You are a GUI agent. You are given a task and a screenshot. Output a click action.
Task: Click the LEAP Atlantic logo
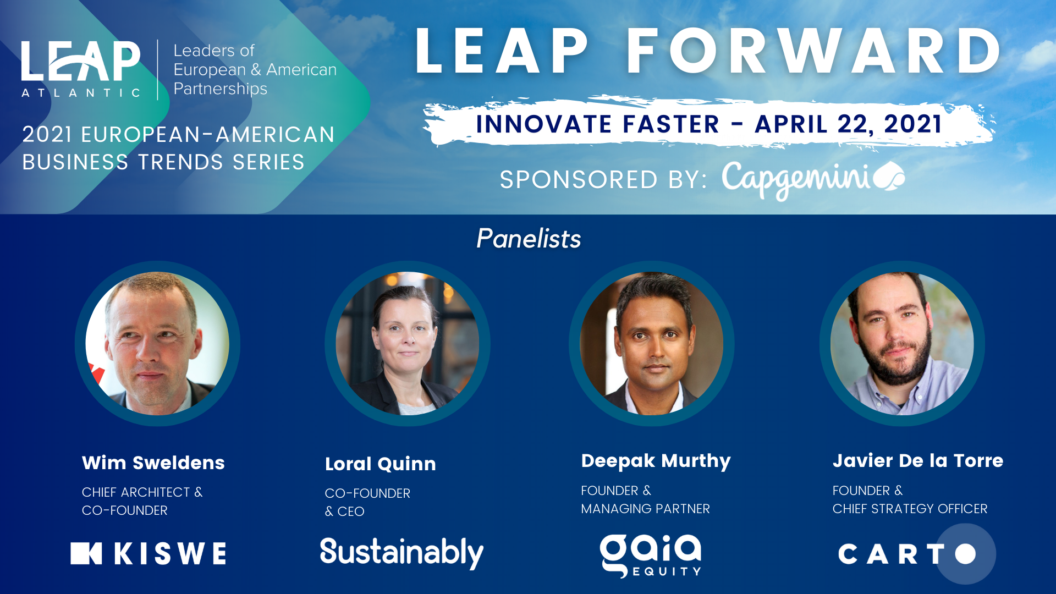(81, 69)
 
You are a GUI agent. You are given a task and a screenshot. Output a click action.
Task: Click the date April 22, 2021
(849, 124)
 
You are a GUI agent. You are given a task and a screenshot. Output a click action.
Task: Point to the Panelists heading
(529, 239)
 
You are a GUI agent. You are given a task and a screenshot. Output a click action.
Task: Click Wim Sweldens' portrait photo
(157, 343)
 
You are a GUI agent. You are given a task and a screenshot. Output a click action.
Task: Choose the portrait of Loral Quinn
(408, 343)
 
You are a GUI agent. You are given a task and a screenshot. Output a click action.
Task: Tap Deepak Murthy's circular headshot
(652, 343)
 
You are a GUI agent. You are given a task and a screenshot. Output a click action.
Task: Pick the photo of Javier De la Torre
(902, 343)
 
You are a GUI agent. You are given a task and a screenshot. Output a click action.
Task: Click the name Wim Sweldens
(153, 463)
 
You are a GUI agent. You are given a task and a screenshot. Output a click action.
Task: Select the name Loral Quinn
(381, 464)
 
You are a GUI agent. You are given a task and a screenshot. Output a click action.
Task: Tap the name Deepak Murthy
(656, 461)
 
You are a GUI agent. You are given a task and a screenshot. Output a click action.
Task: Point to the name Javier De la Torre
(918, 460)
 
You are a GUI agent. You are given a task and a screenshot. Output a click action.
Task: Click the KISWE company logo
(148, 553)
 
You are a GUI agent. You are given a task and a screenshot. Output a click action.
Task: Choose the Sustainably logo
(402, 553)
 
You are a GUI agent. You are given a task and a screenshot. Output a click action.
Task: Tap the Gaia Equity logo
(651, 555)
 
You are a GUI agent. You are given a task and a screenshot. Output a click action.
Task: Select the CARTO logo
(908, 554)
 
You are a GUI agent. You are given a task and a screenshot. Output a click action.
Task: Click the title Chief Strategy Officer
(910, 509)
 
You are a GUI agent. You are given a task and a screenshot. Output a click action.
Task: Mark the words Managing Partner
(646, 509)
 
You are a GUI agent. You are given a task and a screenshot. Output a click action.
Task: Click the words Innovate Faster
(597, 124)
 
